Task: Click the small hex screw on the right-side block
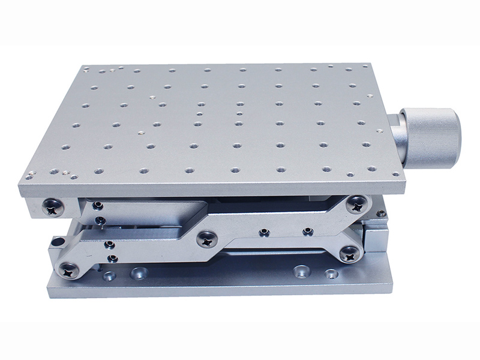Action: click(381, 214)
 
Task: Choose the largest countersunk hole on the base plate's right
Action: click(299, 272)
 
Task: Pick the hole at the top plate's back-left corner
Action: click(87, 69)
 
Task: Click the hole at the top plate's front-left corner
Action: click(28, 177)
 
